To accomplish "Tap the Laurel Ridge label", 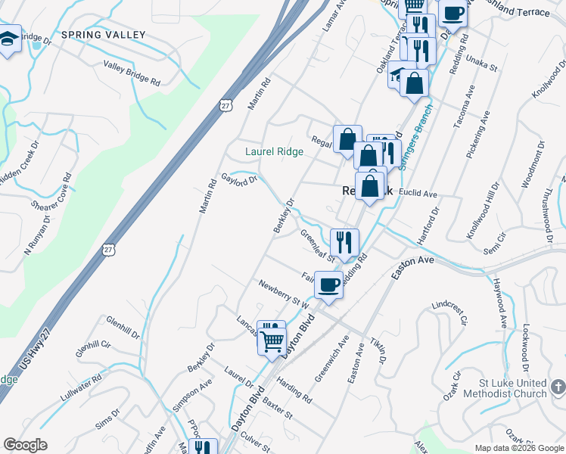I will (x=274, y=151).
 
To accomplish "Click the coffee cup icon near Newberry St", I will (x=329, y=285).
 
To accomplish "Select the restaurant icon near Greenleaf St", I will (x=344, y=242).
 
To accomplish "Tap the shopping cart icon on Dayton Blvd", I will (x=272, y=339).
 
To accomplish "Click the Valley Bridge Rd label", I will (x=132, y=73).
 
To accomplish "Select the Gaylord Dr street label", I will (x=240, y=179).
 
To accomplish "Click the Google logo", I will (x=25, y=444).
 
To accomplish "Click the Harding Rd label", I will (x=295, y=391).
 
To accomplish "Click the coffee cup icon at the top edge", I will (x=453, y=13).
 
